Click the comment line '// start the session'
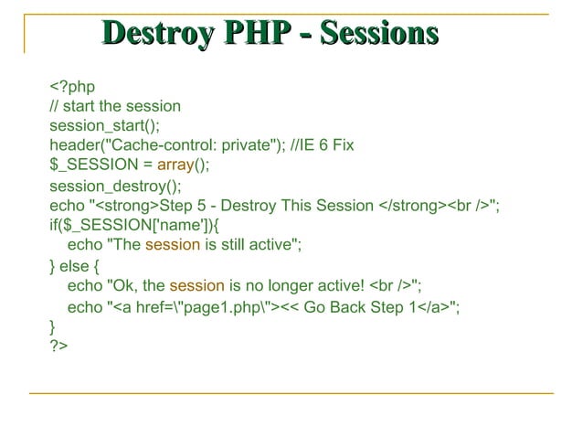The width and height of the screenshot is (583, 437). (x=114, y=106)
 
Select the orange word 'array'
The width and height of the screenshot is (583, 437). (x=174, y=165)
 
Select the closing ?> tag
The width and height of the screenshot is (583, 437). (x=58, y=346)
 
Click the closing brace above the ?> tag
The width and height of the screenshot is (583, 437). (x=52, y=325)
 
